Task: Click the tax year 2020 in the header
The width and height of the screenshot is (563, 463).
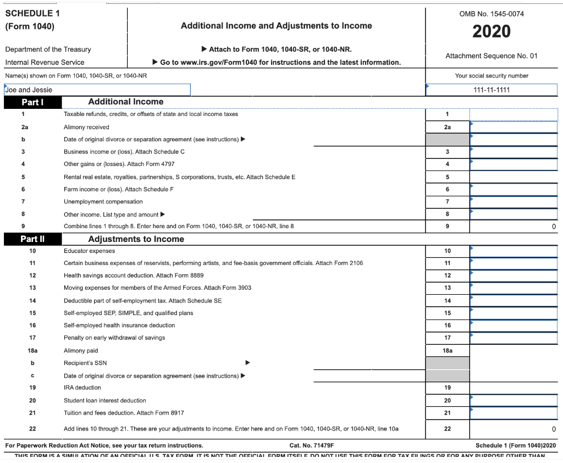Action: [491, 31]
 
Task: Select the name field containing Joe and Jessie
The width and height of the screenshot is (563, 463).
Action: [97, 90]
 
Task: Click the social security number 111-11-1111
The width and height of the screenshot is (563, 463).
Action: [491, 90]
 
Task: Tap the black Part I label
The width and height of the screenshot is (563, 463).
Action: [32, 102]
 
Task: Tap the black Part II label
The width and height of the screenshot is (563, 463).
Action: [32, 239]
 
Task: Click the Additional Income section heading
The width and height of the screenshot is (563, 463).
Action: [126, 102]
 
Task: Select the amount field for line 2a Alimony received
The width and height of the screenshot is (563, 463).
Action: [514, 127]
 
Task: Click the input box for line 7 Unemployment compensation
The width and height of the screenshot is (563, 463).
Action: [514, 202]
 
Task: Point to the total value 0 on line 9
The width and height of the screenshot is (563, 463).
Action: [554, 227]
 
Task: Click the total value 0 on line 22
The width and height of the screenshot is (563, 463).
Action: [554, 429]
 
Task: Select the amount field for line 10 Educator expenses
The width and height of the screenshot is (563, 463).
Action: [514, 251]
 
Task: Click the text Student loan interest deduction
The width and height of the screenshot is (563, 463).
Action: [105, 400]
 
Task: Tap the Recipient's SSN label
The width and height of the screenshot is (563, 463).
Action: [85, 363]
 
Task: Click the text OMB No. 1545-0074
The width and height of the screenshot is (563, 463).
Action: [491, 14]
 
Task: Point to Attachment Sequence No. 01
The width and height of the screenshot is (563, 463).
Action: [491, 56]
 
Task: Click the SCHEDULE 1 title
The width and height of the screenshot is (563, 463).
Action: [32, 13]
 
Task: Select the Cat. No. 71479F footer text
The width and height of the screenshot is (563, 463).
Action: [311, 445]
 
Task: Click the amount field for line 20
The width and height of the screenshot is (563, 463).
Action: [514, 400]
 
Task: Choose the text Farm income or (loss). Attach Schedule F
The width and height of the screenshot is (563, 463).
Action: [119, 189]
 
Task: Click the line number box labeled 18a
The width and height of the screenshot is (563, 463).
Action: [447, 350]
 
